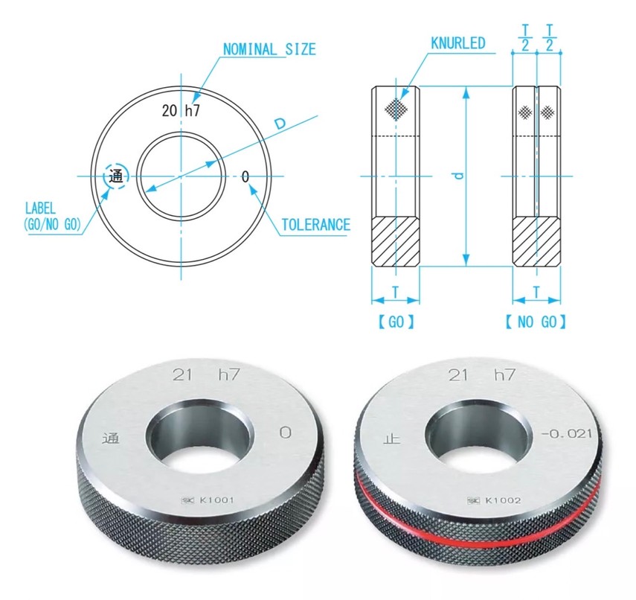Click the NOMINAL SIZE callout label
(269, 50)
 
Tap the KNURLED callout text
(457, 43)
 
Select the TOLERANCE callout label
(315, 225)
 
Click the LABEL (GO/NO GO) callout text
(53, 216)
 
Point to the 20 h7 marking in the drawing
(181, 110)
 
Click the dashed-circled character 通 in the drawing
(116, 176)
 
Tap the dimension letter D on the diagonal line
(280, 124)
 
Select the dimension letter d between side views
(459, 176)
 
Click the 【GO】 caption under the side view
(396, 322)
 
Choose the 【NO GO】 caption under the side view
(536, 322)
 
